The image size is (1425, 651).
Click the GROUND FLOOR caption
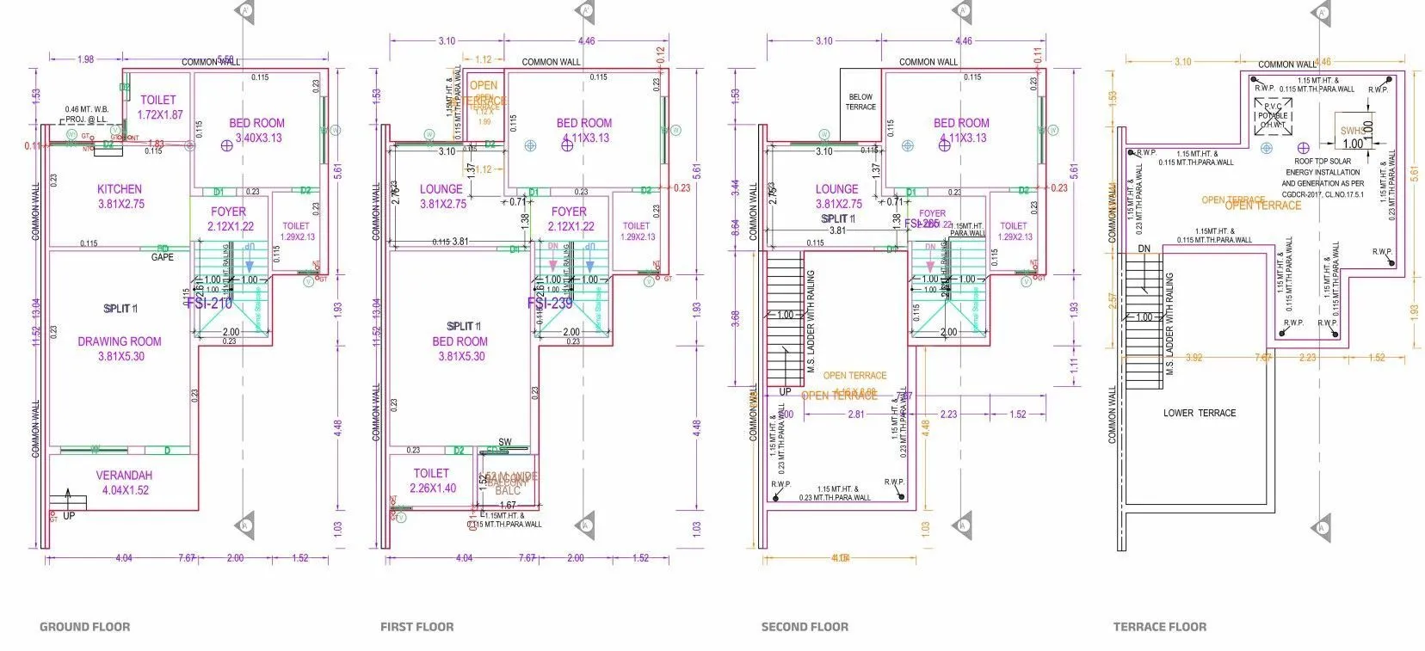tap(84, 627)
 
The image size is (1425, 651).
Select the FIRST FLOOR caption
tap(416, 627)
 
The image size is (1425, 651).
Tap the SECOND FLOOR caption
tap(805, 627)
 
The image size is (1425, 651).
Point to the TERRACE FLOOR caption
tap(1159, 627)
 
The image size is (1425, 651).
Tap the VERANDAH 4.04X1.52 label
tap(124, 482)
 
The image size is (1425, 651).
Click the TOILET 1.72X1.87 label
tap(160, 107)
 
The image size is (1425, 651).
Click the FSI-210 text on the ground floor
tap(209, 304)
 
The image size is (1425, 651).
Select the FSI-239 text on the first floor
tap(550, 304)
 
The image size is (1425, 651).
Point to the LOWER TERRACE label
tap(1199, 414)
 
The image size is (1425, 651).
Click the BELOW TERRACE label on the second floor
tap(861, 101)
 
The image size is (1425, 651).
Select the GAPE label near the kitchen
tap(162, 257)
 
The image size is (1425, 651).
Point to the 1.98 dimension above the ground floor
tap(85, 59)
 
